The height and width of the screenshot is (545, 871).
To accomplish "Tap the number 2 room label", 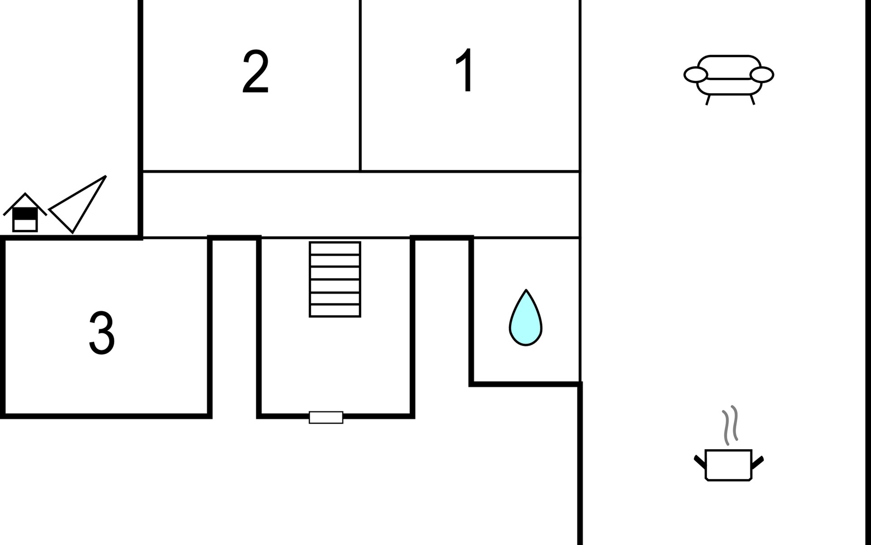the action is [x=255, y=71].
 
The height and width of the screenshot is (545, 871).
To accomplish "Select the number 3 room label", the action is [x=102, y=332].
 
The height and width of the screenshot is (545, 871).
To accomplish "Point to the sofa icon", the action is [x=729, y=80].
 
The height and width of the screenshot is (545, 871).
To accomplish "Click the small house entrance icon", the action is [x=25, y=213].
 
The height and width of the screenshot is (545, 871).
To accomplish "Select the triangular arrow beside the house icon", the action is [x=78, y=204].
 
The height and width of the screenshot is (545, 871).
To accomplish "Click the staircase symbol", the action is [x=335, y=279].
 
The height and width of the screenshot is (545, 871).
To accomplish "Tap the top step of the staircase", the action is [x=335, y=248].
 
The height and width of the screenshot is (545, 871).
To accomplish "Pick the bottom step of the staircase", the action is [x=335, y=311].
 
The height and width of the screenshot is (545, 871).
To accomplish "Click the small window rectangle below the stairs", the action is [x=326, y=417].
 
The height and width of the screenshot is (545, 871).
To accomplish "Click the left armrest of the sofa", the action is [x=695, y=75].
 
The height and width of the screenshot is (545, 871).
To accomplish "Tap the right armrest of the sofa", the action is [x=762, y=75].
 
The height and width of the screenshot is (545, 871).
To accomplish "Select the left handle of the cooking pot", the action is [x=700, y=461].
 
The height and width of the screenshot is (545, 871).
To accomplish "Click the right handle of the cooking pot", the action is [x=758, y=461].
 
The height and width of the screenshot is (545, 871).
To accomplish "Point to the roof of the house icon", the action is [x=25, y=203].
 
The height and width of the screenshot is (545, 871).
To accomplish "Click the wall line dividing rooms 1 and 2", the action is [x=360, y=86].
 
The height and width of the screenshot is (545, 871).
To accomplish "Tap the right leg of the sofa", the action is [x=752, y=99].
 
